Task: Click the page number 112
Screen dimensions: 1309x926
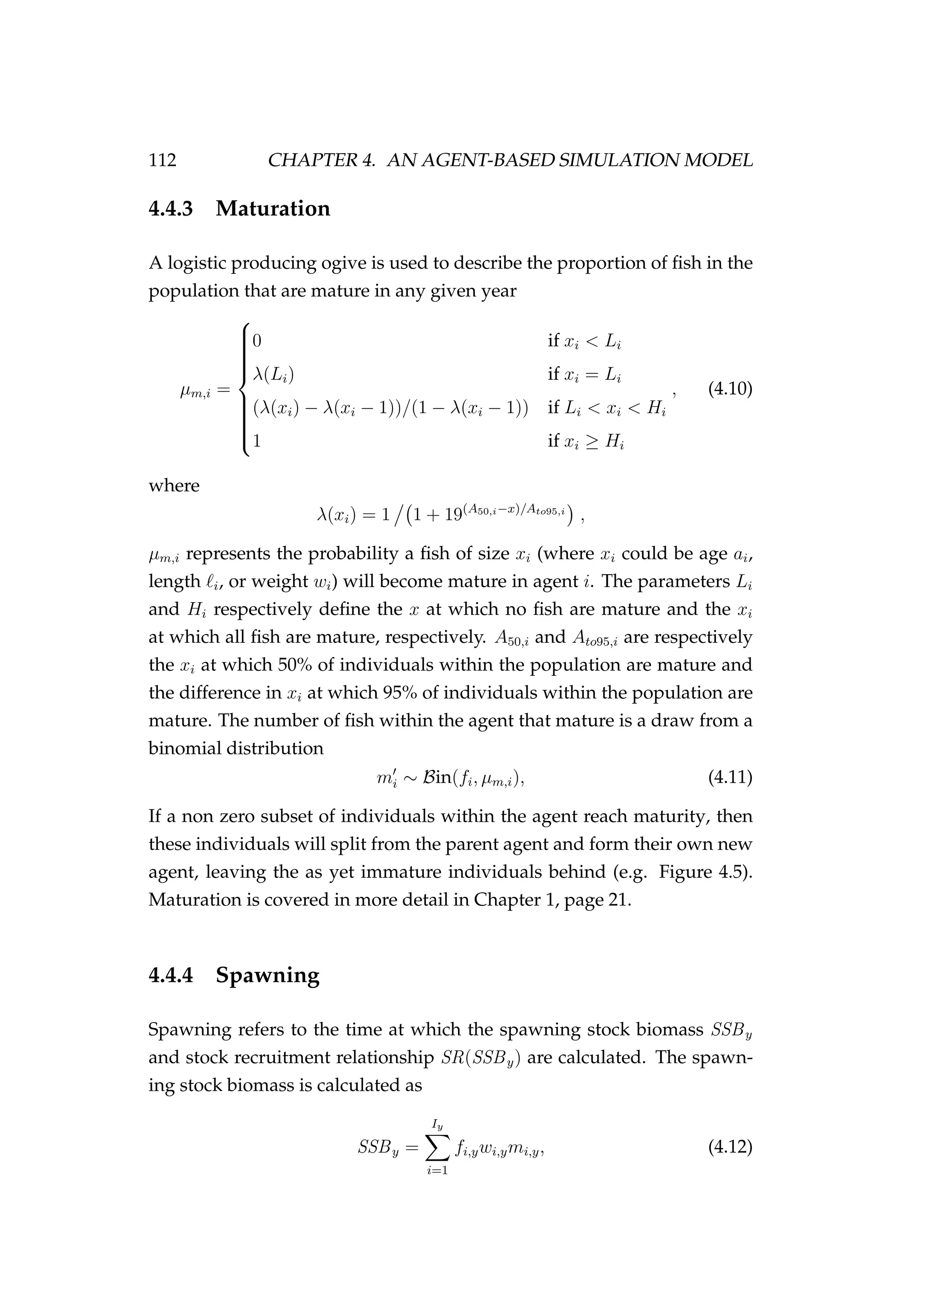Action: [162, 161]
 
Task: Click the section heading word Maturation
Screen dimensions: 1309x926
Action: [273, 209]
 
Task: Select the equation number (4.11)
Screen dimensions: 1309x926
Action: [730, 777]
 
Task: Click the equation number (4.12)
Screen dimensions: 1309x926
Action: [730, 1147]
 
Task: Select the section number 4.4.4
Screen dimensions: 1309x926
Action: [171, 975]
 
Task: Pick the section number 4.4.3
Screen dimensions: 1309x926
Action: [171, 209]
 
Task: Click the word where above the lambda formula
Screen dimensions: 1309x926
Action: [174, 486]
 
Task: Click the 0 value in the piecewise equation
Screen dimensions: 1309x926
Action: [256, 341]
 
